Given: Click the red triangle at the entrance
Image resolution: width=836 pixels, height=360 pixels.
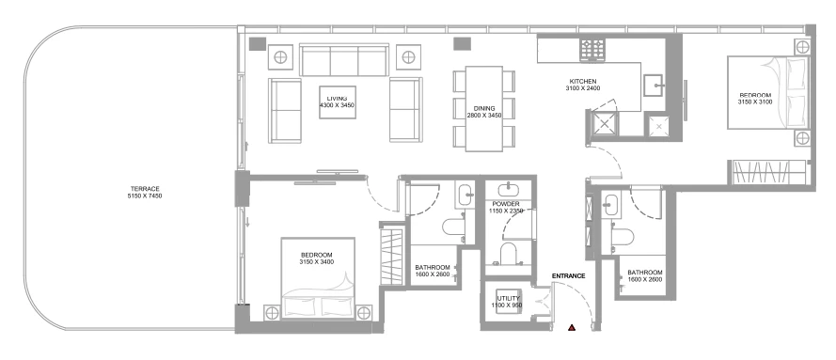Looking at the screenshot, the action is coord(572,327).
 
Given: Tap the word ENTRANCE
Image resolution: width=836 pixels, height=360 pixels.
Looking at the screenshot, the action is coord(568,275).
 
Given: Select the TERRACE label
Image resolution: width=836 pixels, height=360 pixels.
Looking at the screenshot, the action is coord(145,189).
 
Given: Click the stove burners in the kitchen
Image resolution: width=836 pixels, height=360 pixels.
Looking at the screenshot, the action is coord(592,50).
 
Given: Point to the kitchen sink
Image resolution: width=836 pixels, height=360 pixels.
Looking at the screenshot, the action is coord(655,86).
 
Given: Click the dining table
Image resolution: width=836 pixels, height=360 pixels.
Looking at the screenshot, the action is coord(484,109).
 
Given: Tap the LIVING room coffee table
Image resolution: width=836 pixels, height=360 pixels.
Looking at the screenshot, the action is coord(338,102).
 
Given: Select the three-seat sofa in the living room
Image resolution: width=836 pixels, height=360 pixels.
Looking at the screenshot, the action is coord(344,60).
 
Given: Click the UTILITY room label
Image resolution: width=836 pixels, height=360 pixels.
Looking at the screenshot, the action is coord(509,299).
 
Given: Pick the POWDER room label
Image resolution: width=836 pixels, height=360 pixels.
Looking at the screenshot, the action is coord(506,204).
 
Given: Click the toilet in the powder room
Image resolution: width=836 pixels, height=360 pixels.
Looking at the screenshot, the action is coord(509,254).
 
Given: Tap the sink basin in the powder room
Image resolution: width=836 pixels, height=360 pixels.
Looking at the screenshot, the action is coord(508,189).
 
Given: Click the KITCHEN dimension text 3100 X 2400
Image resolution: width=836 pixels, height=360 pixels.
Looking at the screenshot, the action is coord(583,88).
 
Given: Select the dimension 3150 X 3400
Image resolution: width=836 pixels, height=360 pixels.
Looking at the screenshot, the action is coord(317,262).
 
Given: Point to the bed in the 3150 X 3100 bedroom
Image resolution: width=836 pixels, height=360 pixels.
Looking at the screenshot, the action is coord(767,93).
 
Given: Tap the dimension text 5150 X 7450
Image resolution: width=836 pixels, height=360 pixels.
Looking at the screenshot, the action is coord(145,196).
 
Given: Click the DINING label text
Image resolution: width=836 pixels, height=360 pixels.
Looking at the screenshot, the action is coord(484,108).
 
